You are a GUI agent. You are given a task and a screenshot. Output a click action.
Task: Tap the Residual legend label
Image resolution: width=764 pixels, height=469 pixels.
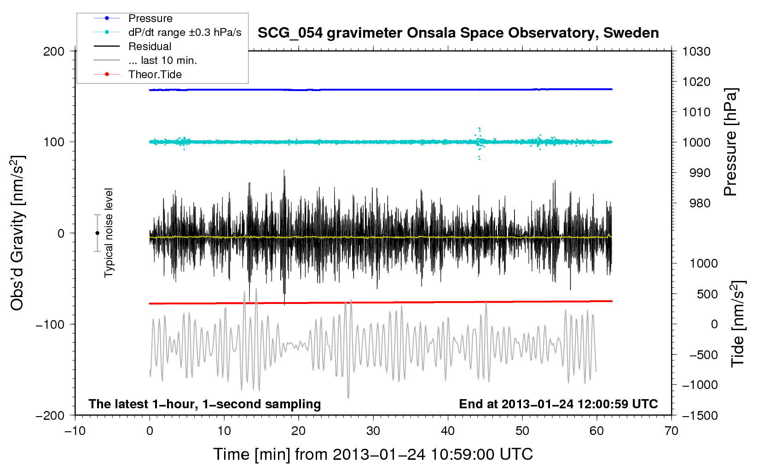(x=150, y=46)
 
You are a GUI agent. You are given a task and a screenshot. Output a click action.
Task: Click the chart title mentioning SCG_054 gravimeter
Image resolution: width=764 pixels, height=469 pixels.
(x=458, y=33)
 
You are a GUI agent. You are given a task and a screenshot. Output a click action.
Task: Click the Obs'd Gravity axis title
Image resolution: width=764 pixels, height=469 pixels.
(x=17, y=233)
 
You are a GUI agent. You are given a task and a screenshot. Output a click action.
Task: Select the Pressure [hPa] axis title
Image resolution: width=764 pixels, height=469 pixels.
(x=730, y=142)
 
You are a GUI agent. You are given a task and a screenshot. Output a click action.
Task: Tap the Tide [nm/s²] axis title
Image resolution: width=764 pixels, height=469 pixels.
(x=738, y=324)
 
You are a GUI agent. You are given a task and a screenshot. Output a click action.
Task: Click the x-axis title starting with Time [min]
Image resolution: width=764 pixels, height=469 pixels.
(x=373, y=454)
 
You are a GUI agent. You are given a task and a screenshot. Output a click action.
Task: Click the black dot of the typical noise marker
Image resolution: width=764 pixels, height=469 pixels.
(x=97, y=233)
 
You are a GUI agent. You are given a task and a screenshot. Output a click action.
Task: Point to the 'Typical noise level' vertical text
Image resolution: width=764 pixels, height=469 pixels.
(x=109, y=233)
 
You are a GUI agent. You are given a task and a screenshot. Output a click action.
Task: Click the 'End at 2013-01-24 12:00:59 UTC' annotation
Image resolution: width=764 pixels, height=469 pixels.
(x=558, y=404)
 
